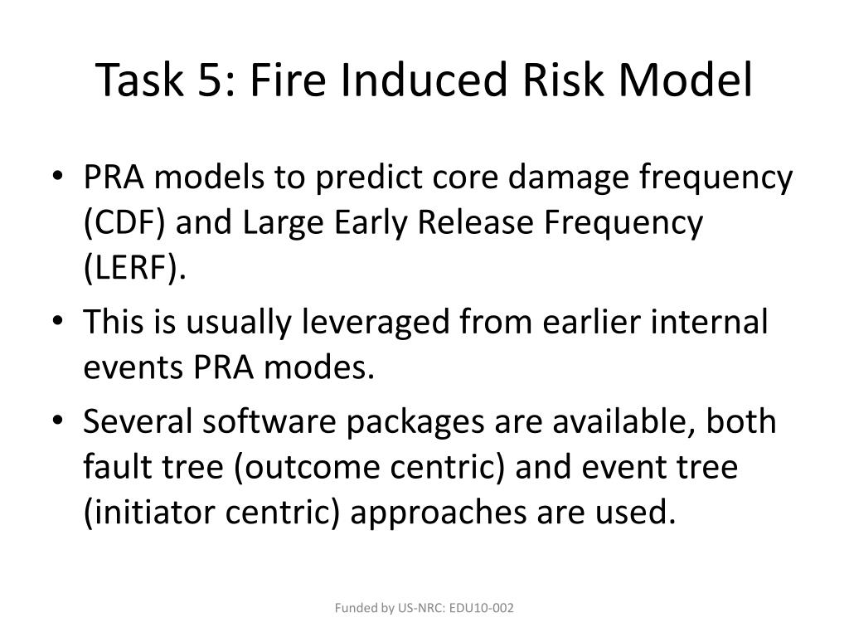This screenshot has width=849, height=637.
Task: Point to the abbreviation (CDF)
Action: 123,223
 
